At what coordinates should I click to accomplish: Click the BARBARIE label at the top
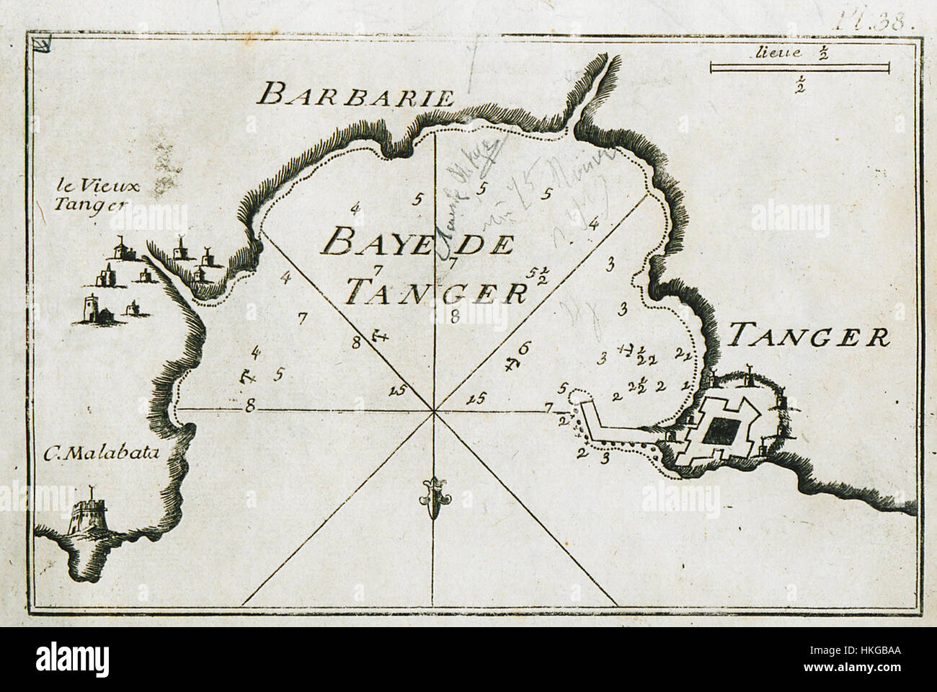pos(357,96)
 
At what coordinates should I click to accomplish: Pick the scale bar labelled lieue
pos(799,68)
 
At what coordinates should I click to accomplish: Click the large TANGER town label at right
pos(809,336)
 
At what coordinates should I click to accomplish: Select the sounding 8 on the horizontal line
pos(250,406)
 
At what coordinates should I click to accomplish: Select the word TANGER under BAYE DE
pos(434,292)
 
